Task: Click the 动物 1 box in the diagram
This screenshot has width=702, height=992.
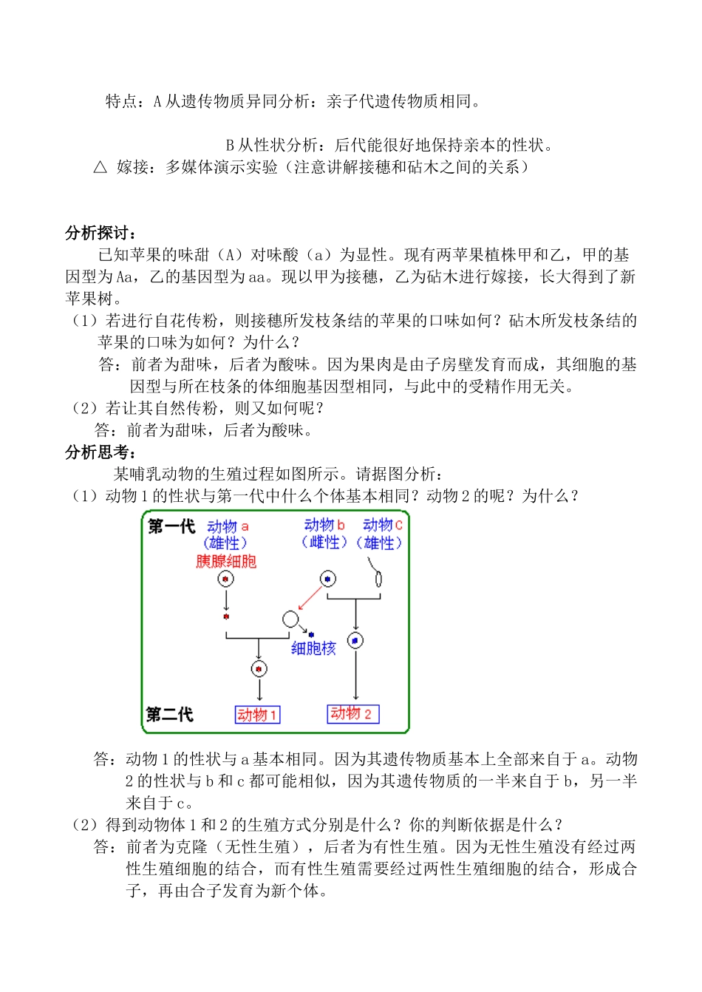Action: point(257,715)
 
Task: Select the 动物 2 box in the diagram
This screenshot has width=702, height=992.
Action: point(352,713)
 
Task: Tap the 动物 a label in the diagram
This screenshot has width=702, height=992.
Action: point(228,526)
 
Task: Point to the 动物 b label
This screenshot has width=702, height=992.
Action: point(324,525)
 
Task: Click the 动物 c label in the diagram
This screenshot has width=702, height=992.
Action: point(382,525)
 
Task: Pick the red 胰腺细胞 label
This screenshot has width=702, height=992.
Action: point(226,561)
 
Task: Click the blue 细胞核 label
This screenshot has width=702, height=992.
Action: point(313,648)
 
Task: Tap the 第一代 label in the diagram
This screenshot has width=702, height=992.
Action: point(171,526)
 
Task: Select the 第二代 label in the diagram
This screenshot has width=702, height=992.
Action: point(170,714)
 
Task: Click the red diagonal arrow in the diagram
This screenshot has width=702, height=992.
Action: point(310,598)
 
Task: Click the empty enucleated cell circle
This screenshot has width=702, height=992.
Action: point(290,619)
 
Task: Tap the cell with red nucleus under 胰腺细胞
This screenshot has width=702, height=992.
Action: point(225,579)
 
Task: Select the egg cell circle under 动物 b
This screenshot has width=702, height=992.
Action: point(327,579)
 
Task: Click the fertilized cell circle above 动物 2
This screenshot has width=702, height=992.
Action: point(355,640)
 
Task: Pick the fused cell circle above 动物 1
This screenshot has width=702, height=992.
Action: point(259,669)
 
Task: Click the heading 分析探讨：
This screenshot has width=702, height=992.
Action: point(100,234)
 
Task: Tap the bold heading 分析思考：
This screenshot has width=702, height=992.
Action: point(100,452)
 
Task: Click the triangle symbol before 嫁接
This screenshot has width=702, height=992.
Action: point(100,167)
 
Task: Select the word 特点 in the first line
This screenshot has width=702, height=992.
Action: point(122,101)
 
